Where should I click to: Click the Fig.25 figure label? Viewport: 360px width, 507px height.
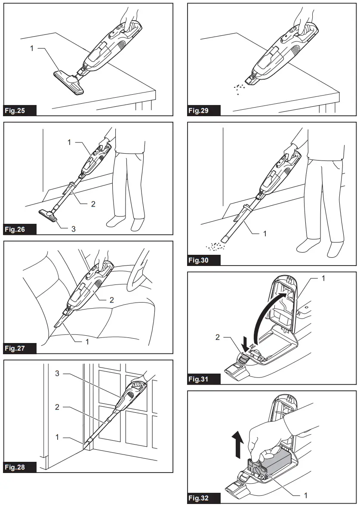[15, 111]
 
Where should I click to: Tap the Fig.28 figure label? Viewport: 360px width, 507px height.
[15, 467]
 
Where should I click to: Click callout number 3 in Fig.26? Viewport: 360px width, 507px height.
[74, 229]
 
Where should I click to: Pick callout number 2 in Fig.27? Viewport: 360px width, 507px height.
[112, 300]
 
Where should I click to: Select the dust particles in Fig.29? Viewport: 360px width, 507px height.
[239, 88]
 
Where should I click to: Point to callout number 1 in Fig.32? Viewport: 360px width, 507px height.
[306, 495]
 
